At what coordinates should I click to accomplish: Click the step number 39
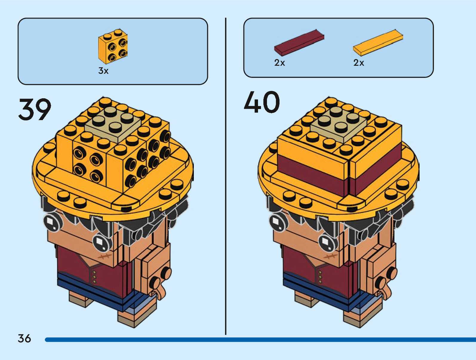pos(35,109)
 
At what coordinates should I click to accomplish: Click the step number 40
pos(262,102)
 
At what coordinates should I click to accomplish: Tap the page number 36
pos(24,338)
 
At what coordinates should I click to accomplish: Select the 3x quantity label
pos(103,71)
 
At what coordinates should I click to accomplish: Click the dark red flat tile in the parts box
pos(299,42)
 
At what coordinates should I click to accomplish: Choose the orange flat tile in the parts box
pos(378,42)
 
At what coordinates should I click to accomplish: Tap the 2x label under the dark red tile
pos(280,63)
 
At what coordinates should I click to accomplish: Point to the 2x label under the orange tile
pos(359,63)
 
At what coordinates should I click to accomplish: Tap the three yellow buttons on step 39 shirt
pos(95,277)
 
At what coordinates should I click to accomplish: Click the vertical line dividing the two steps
pos(226,176)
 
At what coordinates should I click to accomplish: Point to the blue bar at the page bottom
pos(260,340)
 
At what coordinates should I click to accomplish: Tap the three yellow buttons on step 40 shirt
pos(320,277)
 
